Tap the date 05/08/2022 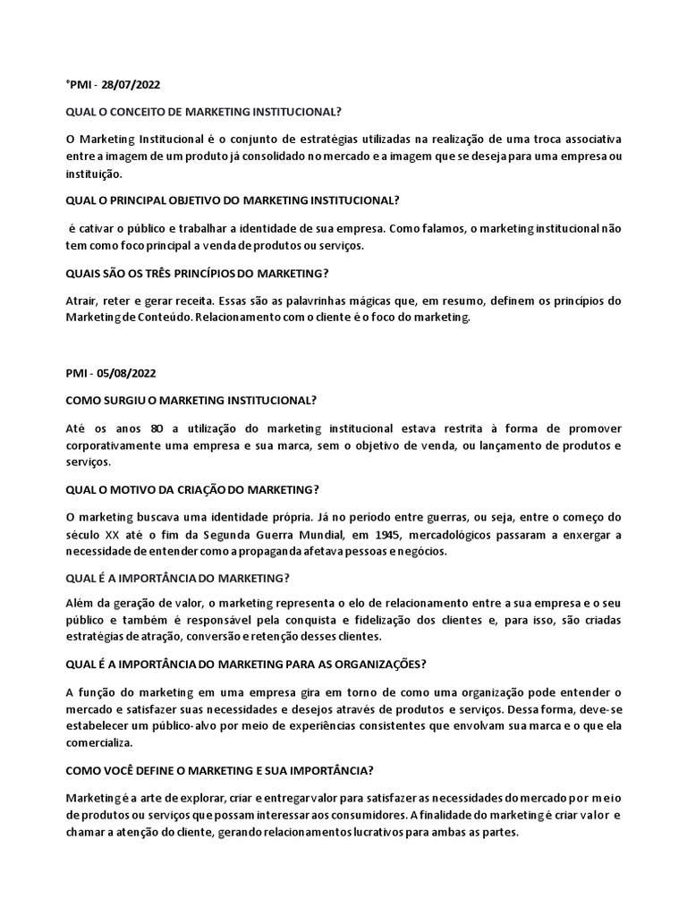point(131,373)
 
